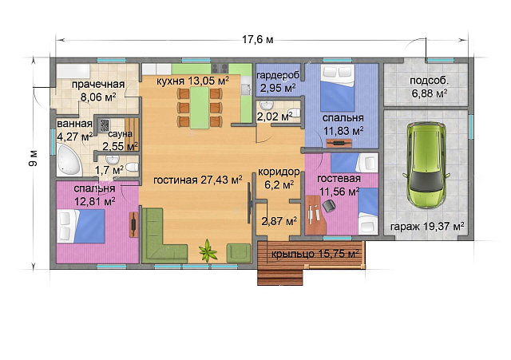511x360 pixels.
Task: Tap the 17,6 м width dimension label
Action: [x=257, y=40]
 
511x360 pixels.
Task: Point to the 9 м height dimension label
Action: [x=34, y=158]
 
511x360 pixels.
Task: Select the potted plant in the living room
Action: [x=208, y=250]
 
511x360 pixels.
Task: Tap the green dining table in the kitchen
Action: [x=200, y=107]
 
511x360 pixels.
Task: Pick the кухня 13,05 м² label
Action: [x=192, y=81]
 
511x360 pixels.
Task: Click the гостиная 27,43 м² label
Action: [x=197, y=180]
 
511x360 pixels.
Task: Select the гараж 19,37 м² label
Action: [x=427, y=226]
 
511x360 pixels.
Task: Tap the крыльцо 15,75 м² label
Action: [x=315, y=253]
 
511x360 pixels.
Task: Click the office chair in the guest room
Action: [x=329, y=206]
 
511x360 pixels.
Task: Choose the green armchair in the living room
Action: [x=239, y=253]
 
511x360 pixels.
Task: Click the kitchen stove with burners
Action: [x=220, y=68]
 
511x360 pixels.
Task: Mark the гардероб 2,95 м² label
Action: [x=278, y=81]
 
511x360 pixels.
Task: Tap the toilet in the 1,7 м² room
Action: [x=132, y=167]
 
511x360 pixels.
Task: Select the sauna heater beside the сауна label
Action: [x=104, y=125]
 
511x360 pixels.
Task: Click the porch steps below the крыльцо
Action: [x=280, y=277]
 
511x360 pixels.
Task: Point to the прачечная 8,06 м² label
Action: [x=98, y=90]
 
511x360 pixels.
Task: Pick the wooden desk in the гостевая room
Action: [x=316, y=215]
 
